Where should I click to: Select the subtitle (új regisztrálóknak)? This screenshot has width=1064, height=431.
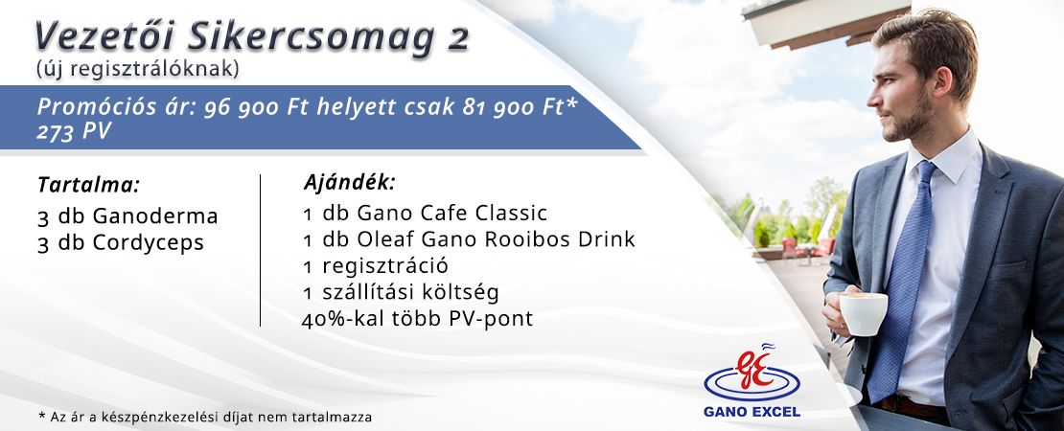point(137,69)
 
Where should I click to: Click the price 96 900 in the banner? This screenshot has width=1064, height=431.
point(243,108)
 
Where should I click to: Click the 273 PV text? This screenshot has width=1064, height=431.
point(74,132)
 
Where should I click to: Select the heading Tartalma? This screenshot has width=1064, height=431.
point(89,185)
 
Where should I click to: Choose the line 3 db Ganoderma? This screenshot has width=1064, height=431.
point(128,216)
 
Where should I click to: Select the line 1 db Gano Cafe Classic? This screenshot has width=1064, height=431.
point(425,214)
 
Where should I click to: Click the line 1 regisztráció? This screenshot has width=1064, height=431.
point(375,266)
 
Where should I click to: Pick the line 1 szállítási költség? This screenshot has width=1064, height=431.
point(401,293)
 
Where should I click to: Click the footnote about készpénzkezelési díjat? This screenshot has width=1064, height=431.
point(205,418)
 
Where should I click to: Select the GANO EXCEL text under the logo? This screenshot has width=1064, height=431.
point(752,412)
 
